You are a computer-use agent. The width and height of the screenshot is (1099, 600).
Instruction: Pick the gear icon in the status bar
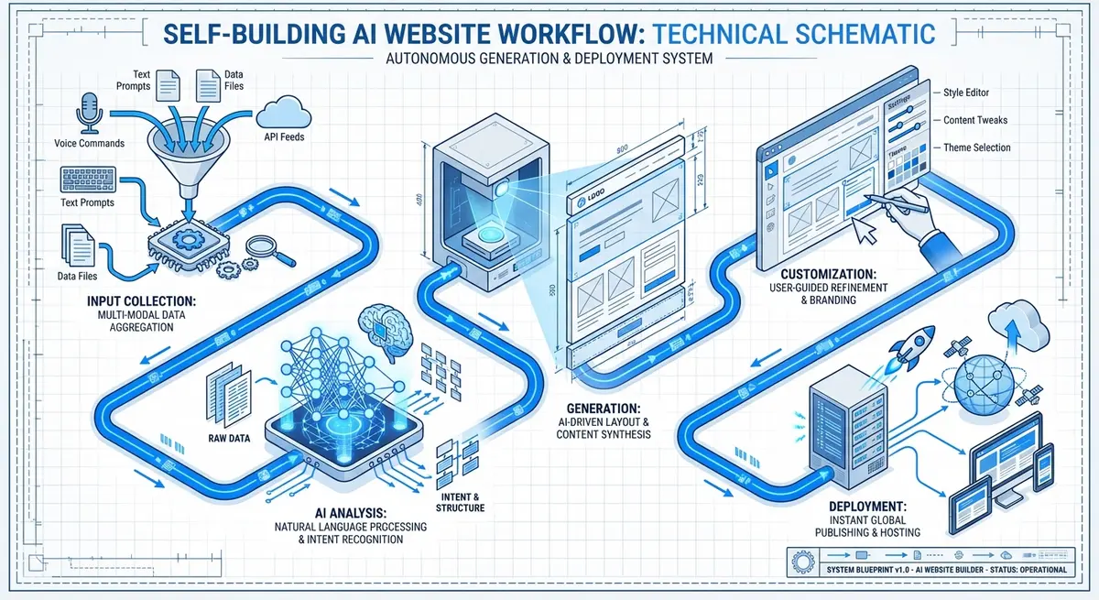click(x=799, y=559)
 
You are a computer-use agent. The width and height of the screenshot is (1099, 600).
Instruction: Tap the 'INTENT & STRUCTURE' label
click(x=456, y=501)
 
